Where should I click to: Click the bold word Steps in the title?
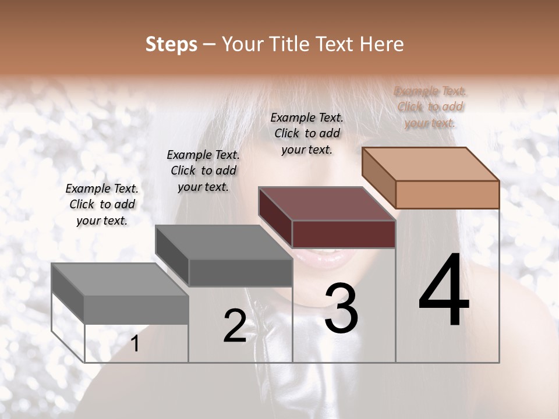tap(171, 45)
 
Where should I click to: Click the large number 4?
tap(444, 291)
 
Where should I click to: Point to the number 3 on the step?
tap(341, 308)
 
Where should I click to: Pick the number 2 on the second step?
tap(235, 326)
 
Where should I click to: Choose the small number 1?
tap(135, 344)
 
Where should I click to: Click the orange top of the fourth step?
tap(431, 164)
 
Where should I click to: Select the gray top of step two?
tap(224, 242)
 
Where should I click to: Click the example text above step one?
tap(102, 204)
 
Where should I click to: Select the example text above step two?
tap(203, 171)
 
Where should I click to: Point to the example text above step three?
tap(307, 133)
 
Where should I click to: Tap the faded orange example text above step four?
tap(430, 106)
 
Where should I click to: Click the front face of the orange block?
tap(447, 194)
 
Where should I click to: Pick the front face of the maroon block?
tap(344, 234)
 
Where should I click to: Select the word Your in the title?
tap(241, 45)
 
